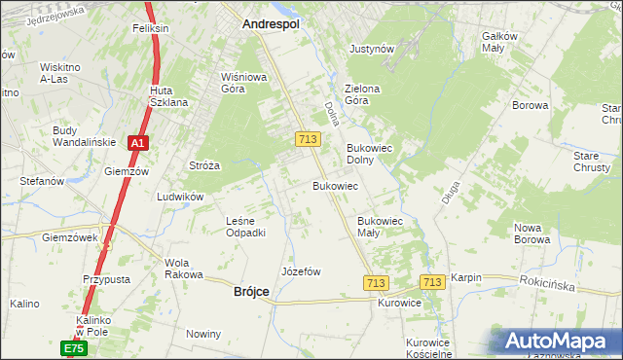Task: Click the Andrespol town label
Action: coord(271,21)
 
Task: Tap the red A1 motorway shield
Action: coord(138,143)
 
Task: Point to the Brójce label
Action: coord(251,291)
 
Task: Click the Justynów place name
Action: coord(371,48)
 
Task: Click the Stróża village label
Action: coord(204,165)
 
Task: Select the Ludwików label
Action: coord(179,196)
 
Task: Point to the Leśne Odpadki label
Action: coord(245,227)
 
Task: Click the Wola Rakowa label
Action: coord(182,269)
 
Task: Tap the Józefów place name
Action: coord(301,271)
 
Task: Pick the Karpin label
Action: coord(465,277)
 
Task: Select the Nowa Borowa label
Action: coord(532,234)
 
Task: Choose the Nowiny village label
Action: coord(204,334)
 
